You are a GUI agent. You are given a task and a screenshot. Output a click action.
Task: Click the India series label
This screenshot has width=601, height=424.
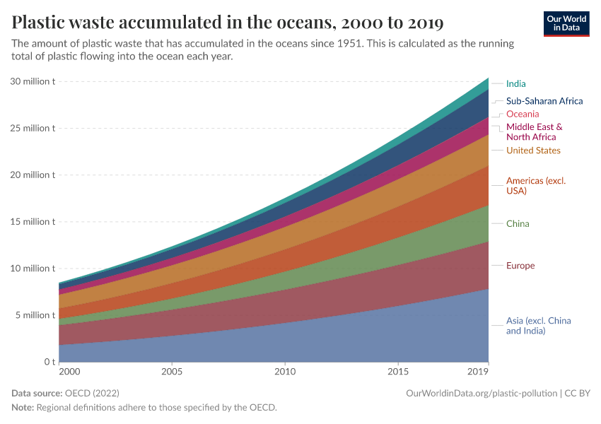click(x=515, y=83)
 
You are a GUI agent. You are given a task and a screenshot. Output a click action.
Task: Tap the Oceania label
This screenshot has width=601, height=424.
click(x=523, y=114)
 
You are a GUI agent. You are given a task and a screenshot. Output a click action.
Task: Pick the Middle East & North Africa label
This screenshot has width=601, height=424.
click(x=534, y=132)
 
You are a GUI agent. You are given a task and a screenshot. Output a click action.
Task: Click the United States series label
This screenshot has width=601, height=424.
click(x=533, y=151)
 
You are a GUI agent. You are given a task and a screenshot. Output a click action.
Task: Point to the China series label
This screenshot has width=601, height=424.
click(x=518, y=224)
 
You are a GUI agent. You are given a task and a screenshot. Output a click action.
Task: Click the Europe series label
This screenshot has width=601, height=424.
click(x=520, y=266)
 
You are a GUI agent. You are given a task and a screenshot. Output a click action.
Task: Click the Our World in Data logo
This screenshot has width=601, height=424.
click(x=566, y=23)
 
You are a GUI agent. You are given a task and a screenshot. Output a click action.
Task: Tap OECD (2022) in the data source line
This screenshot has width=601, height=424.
click(x=93, y=393)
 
